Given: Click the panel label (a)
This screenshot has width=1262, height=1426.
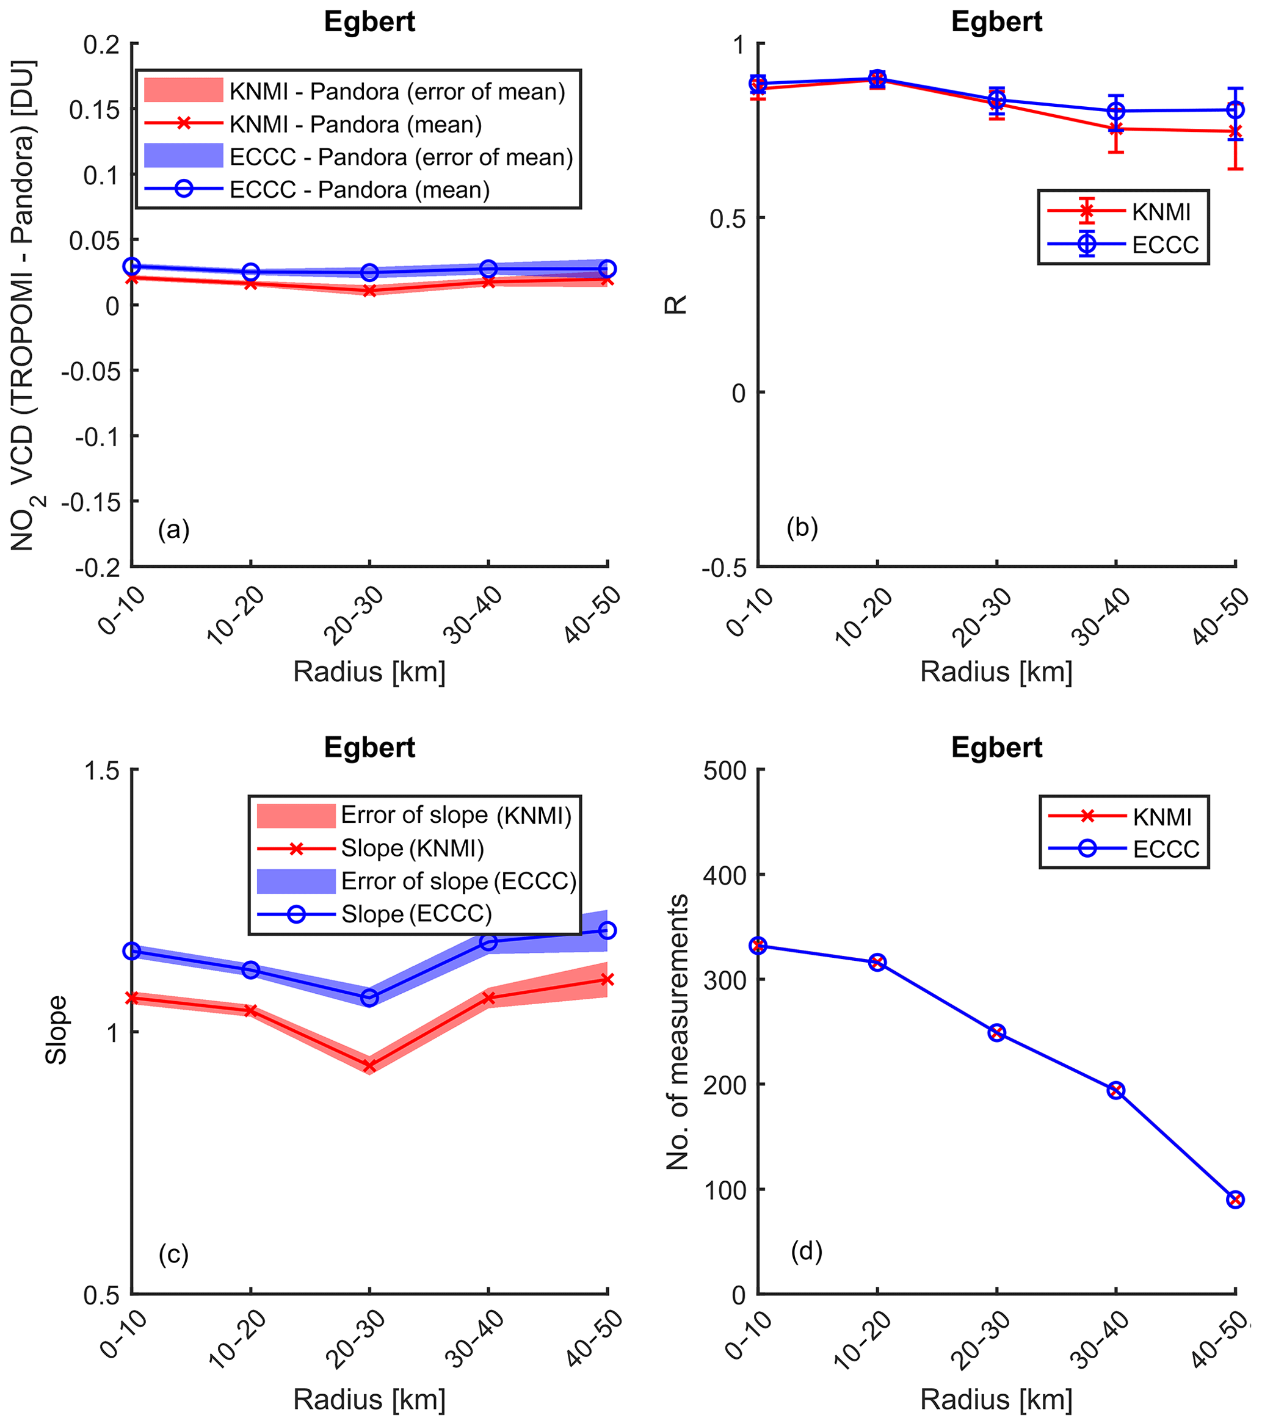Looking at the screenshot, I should [x=174, y=530].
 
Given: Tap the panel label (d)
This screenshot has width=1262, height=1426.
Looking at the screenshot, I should [x=807, y=1252].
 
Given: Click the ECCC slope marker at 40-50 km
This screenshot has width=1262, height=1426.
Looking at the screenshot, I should [x=607, y=930].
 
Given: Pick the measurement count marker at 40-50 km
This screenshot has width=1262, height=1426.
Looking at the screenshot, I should [x=1235, y=1200].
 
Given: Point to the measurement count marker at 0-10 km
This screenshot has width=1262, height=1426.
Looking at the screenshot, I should [x=758, y=946].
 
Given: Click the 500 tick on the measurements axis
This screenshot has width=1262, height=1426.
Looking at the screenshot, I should [x=727, y=770].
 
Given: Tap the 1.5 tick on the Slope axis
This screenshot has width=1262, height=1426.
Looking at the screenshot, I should [x=102, y=770].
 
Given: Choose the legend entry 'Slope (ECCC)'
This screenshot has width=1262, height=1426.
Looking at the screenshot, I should [x=416, y=914].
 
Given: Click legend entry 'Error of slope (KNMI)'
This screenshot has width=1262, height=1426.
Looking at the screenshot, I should [x=455, y=815].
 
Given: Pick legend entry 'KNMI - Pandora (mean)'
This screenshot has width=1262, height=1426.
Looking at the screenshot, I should [x=355, y=124].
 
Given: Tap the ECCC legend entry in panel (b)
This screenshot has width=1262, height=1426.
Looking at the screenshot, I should [x=1165, y=245].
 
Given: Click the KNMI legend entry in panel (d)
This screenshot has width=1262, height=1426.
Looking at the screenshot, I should [x=1161, y=817].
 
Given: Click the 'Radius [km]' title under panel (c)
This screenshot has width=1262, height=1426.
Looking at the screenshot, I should [x=369, y=1400].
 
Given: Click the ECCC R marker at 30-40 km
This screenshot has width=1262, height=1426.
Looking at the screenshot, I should [x=1116, y=111].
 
